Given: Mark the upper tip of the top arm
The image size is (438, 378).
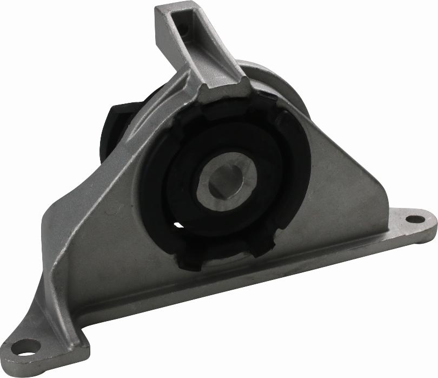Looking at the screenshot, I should (x=173, y=8).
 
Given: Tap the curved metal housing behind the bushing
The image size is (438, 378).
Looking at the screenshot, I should (x=270, y=76).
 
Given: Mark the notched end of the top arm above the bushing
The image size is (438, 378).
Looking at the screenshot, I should (x=224, y=89).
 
